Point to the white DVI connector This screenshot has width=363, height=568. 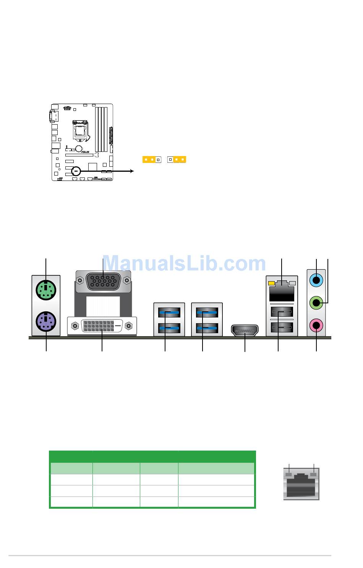(102, 326)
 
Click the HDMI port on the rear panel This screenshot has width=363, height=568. (245, 330)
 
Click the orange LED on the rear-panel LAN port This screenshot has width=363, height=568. (272, 283)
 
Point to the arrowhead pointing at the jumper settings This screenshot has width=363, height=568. (132, 171)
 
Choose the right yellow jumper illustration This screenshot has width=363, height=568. (177, 159)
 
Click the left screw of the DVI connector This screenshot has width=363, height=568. (75, 326)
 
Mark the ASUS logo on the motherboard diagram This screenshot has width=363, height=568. (84, 152)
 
